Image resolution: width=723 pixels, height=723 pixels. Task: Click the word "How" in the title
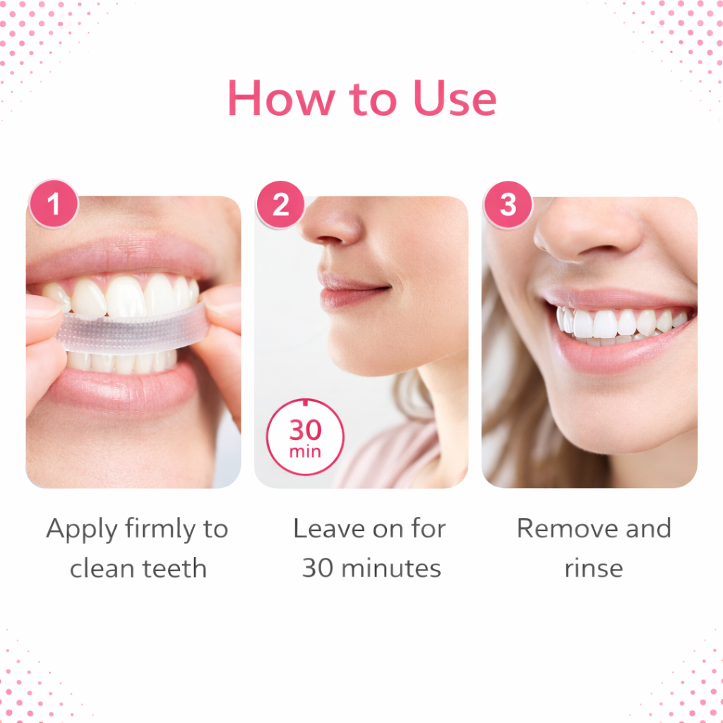[282, 97]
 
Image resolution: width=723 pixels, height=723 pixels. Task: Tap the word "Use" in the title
[455, 97]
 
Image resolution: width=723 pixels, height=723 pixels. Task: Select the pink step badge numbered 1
[54, 203]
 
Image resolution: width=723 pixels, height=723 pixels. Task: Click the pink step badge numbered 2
[280, 204]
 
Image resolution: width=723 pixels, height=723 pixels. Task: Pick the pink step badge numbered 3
[508, 204]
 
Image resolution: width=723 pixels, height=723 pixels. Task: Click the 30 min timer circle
[305, 436]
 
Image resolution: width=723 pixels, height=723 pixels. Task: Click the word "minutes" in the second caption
[391, 568]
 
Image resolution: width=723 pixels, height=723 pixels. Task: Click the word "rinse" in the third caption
[594, 569]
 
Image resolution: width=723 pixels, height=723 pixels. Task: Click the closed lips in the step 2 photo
[353, 290]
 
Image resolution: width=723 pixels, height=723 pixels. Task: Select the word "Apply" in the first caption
[82, 530]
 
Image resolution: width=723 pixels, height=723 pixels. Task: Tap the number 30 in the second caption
[318, 568]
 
